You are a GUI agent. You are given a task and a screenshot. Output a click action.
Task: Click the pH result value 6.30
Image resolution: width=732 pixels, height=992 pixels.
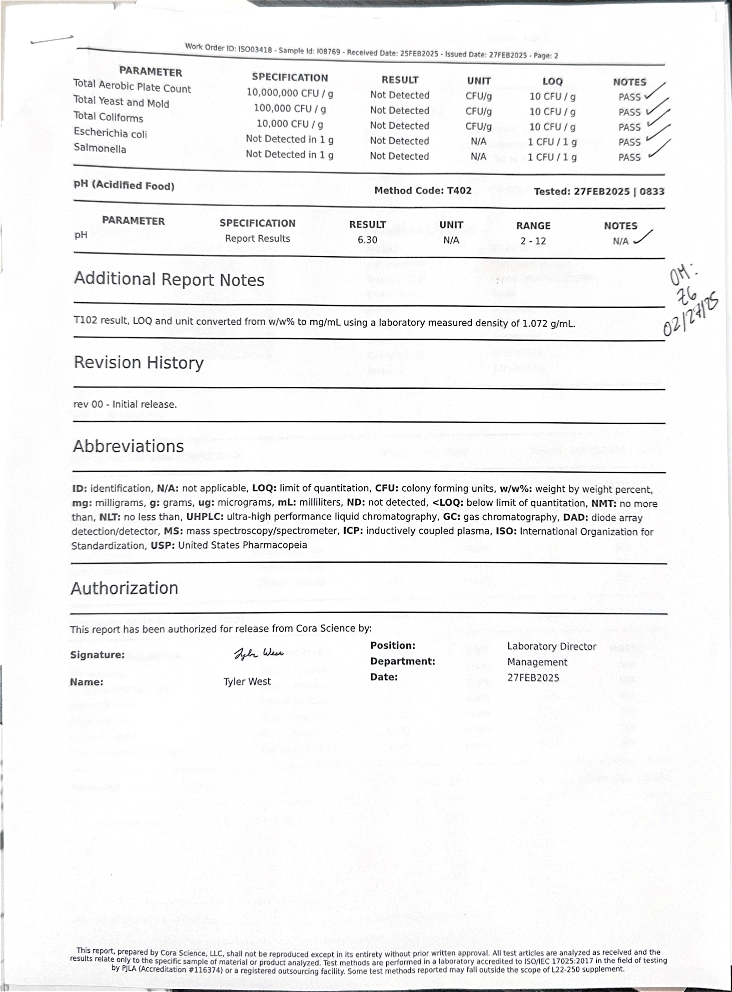[x=367, y=240]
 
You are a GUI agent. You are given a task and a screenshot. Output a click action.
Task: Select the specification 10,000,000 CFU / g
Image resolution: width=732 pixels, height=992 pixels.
[x=290, y=93]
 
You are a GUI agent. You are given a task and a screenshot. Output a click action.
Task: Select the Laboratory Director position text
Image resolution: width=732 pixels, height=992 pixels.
[x=552, y=646]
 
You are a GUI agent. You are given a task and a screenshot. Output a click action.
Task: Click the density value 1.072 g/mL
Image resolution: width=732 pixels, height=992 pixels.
[x=548, y=324]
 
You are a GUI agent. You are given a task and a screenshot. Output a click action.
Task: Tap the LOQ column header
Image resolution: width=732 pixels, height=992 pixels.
[x=552, y=81]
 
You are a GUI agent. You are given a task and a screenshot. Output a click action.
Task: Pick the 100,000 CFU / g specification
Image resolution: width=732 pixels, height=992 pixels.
[x=290, y=108]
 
